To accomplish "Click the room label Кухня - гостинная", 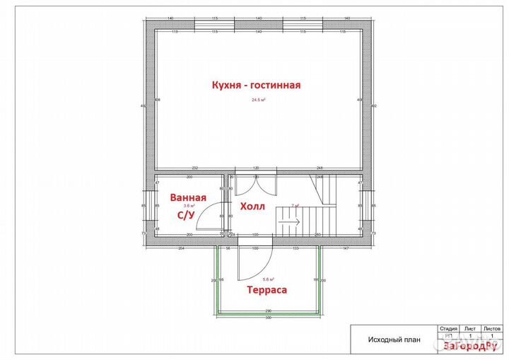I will click(257, 85).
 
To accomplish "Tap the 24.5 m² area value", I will click(257, 100).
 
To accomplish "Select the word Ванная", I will click(189, 197).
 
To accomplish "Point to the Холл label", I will click(252, 207).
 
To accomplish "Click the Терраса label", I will click(267, 289).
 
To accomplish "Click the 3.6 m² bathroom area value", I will click(189, 205).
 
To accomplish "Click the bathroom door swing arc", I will click(206, 219).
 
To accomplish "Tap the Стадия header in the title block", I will click(448, 329).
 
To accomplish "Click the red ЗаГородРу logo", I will click(469, 346).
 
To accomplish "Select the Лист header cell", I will click(469, 329).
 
